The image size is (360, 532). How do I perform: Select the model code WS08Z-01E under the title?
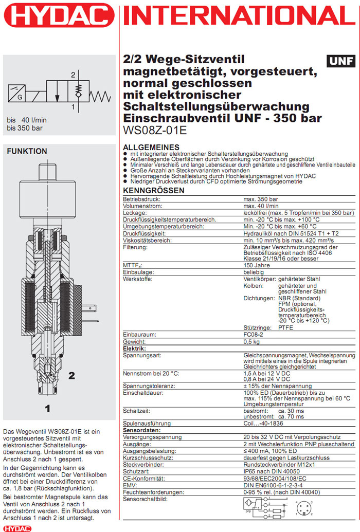[155, 130]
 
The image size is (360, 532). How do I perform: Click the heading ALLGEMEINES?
[152, 147]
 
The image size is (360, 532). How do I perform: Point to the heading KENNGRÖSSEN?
[154, 191]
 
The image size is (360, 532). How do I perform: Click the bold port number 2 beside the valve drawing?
[71, 375]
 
